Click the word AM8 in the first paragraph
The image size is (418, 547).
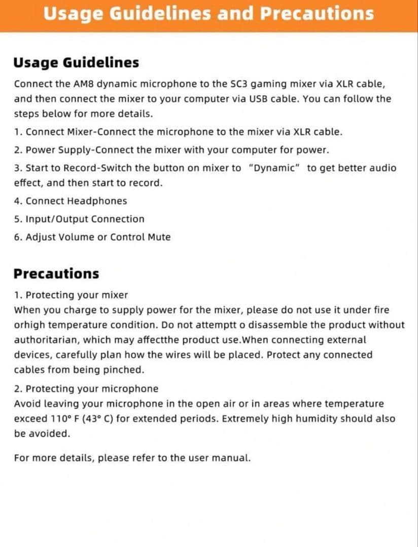click(x=84, y=84)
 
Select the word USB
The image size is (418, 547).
click(x=258, y=99)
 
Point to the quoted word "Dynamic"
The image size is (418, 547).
click(x=274, y=168)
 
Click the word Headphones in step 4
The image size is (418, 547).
click(x=97, y=201)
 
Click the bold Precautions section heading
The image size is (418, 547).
click(x=56, y=273)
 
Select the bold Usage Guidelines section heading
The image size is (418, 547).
click(x=76, y=63)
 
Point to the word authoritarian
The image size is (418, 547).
click(x=45, y=340)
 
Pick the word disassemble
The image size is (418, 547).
click(x=270, y=325)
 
